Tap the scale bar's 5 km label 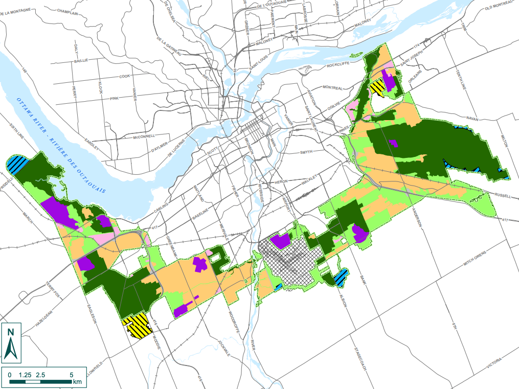coord(70,375)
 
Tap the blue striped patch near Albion coord(340,278)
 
